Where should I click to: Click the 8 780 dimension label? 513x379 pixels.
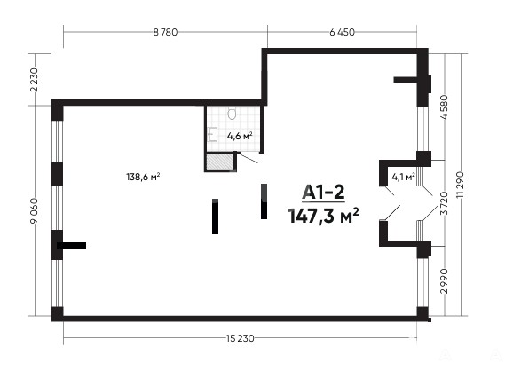(165, 32)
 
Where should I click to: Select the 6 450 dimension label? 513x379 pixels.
(342, 32)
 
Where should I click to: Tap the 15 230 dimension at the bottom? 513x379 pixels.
(240, 338)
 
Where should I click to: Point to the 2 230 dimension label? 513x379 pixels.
(35, 80)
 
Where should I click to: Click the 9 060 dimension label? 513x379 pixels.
(35, 210)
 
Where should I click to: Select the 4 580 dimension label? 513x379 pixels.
(444, 107)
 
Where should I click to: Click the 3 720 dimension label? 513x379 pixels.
(444, 203)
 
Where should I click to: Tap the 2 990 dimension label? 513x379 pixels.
(444, 281)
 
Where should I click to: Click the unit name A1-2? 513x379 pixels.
(323, 192)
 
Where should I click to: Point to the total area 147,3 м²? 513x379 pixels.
(323, 216)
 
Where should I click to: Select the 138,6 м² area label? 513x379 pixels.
(143, 177)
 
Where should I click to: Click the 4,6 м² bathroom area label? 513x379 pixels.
(240, 136)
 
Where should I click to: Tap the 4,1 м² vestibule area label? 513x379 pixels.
(404, 177)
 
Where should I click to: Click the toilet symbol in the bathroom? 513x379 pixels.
(232, 114)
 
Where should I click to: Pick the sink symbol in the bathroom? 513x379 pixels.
(212, 135)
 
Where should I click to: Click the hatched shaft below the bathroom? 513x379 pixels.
(219, 162)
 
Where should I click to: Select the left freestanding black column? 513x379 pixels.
(215, 217)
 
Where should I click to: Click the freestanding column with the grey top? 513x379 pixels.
(264, 201)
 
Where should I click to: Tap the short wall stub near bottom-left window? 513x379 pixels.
(72, 245)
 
